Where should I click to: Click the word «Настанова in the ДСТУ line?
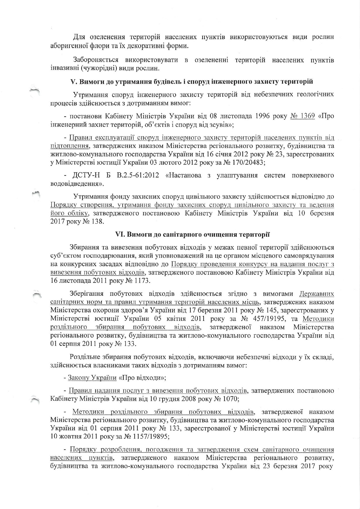point(184,176)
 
